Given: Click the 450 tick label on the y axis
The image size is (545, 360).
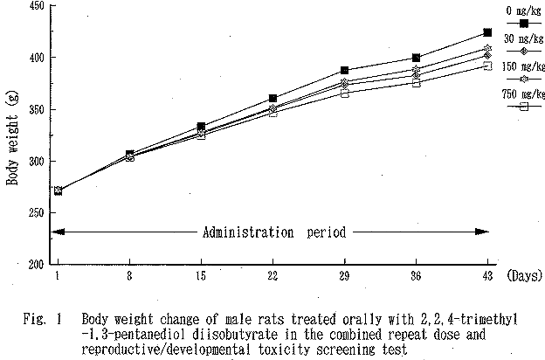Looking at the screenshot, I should pyautogui.click(x=37, y=6).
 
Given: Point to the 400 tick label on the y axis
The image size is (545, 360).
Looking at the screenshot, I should pyautogui.click(x=37, y=58).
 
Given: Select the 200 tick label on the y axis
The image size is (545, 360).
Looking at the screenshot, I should pyautogui.click(x=37, y=264).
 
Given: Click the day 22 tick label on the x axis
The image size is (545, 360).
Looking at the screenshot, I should pyautogui.click(x=272, y=274).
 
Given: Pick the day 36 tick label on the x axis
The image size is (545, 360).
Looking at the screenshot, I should pyautogui.click(x=416, y=274).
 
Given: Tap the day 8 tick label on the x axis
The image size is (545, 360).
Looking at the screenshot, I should pyautogui.click(x=129, y=274).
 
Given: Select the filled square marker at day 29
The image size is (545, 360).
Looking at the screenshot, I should pyautogui.click(x=345, y=70).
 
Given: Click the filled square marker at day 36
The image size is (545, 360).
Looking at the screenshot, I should pyautogui.click(x=416, y=58).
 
